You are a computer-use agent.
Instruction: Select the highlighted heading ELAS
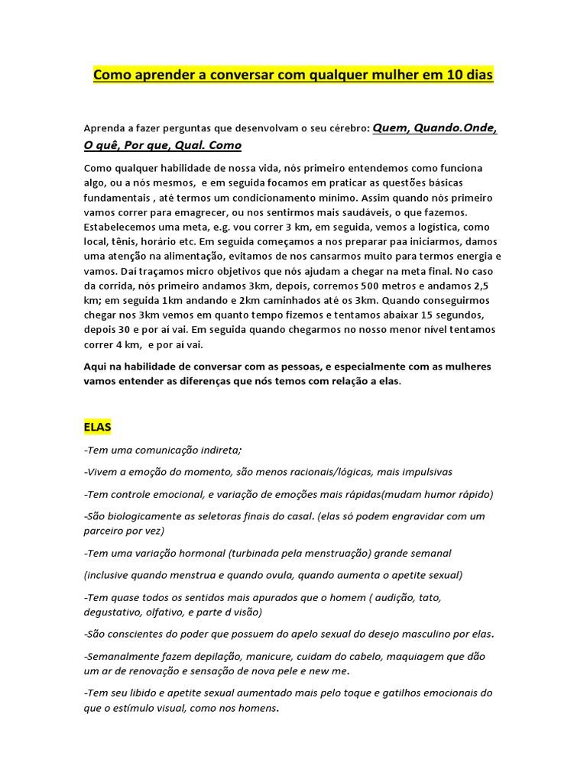[98, 426]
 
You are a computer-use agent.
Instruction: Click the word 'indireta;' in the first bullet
[217, 449]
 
